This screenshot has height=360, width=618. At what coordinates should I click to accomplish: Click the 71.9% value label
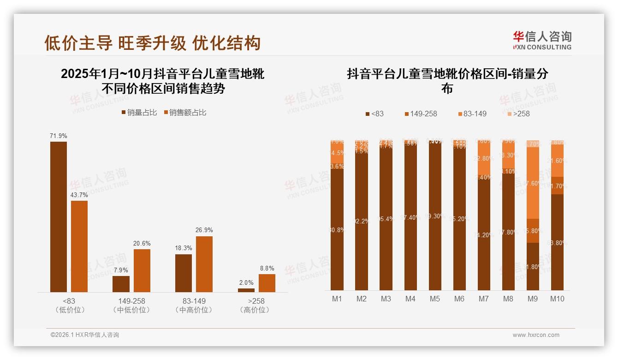coord(59,136)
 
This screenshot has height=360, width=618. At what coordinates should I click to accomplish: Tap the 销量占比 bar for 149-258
coord(121,284)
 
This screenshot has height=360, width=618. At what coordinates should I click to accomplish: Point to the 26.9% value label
coord(204,230)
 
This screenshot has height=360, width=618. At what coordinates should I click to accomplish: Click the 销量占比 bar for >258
coord(246,290)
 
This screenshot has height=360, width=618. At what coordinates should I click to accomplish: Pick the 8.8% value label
coord(267,268)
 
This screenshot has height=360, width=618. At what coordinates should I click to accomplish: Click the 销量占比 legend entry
coord(140,113)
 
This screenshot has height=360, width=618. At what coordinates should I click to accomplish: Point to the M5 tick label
coord(434,299)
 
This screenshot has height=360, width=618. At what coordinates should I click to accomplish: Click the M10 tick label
coord(557,299)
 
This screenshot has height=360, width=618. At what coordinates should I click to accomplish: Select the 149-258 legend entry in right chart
coord(421,114)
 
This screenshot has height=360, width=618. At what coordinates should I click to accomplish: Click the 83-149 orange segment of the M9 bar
coord(533,183)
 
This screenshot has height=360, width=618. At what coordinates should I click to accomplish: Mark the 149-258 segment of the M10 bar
coord(557,186)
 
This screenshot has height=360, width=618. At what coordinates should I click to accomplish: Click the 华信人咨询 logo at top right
coord(542,40)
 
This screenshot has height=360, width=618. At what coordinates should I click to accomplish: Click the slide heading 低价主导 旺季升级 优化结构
coord(153,43)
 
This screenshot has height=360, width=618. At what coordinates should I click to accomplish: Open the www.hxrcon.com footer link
coord(536,335)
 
